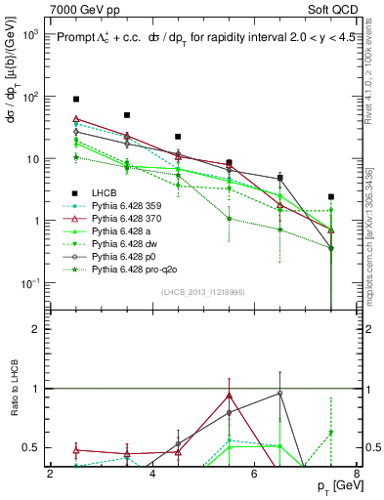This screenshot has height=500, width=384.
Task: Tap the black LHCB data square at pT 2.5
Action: coord(76,100)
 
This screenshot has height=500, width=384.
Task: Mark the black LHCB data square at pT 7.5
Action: coord(331,197)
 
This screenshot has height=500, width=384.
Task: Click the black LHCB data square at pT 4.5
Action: coord(178,138)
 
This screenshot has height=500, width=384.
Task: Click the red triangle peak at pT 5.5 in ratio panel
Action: coord(229,396)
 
